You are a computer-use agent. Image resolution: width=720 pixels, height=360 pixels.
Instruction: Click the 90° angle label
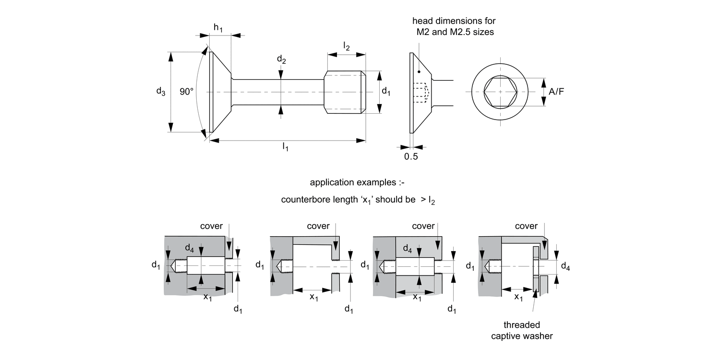(186, 92)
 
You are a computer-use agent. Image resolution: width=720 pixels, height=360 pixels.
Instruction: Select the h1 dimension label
(218, 28)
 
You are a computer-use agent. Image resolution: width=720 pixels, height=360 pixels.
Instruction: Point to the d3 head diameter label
(160, 91)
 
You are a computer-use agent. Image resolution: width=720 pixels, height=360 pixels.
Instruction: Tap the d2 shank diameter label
(281, 60)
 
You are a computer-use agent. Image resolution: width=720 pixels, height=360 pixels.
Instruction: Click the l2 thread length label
(346, 46)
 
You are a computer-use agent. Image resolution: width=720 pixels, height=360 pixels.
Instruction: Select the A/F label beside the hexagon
(556, 91)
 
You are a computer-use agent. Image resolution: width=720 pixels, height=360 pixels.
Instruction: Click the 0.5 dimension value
(411, 157)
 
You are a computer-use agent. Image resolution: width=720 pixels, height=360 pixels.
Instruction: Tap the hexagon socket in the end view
(500, 91)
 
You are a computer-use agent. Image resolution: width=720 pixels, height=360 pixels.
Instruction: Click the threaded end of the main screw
(345, 92)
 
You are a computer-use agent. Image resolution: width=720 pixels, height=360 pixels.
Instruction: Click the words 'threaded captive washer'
(522, 331)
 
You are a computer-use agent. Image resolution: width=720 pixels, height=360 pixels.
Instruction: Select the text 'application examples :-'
(358, 182)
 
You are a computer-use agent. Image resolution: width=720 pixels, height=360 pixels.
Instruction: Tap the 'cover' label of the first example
(211, 226)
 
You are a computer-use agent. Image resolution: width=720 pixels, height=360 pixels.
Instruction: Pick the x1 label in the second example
(313, 297)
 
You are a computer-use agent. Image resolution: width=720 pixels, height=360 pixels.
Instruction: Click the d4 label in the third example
(407, 249)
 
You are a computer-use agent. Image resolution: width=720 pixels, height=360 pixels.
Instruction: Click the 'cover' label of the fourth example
(526, 226)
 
